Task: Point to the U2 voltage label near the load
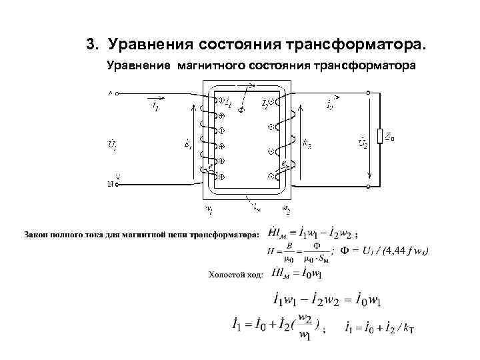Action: [x=362, y=142]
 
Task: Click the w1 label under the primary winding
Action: [x=208, y=209]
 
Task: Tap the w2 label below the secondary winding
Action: [x=286, y=209]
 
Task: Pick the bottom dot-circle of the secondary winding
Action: [x=271, y=176]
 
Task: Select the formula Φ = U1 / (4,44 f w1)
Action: [x=384, y=251]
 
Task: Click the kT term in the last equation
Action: [x=407, y=329]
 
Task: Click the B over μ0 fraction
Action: [x=289, y=251]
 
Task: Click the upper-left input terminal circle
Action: [x=118, y=95]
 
